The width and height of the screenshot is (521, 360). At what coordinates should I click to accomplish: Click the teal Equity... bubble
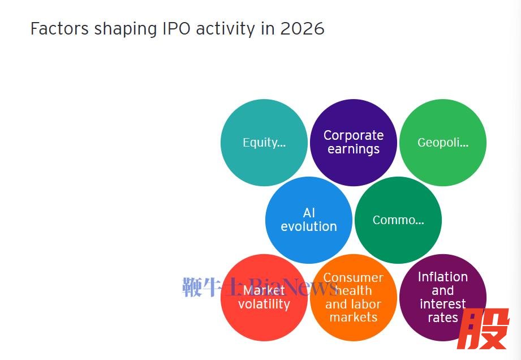[x=264, y=143]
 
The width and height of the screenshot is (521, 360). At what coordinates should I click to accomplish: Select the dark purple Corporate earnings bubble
[x=353, y=143]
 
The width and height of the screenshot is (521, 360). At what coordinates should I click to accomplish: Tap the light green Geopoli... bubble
[x=442, y=143]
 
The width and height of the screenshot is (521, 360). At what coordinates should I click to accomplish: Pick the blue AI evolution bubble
[x=308, y=220]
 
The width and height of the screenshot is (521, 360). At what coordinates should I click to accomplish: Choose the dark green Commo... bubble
[x=398, y=220]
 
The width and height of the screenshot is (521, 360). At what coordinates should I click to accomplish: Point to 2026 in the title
[x=302, y=29]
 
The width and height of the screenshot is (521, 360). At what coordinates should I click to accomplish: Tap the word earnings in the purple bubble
[x=353, y=150]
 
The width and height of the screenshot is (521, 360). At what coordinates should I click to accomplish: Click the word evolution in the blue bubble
[x=308, y=226]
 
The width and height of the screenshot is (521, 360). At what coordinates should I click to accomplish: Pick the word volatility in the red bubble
[x=264, y=305]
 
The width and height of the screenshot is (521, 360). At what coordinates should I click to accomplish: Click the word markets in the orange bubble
[x=353, y=318]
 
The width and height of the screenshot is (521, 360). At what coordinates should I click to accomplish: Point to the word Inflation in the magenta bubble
[x=442, y=277]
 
